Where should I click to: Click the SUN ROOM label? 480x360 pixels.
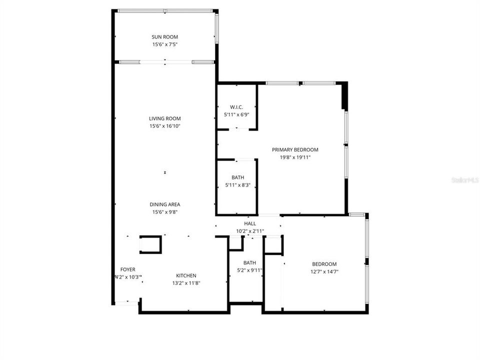point(165,37)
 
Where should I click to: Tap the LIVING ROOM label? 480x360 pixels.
point(165,118)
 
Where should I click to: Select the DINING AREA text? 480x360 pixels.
point(165,204)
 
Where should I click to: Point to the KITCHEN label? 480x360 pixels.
point(186,275)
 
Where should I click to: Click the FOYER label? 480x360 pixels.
point(128,269)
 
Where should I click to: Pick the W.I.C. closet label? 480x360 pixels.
point(236,107)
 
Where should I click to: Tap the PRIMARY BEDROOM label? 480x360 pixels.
point(295,149)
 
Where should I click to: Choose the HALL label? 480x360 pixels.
point(250,223)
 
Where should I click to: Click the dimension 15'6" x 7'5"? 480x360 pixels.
point(165,44)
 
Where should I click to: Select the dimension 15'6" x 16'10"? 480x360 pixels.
point(165,126)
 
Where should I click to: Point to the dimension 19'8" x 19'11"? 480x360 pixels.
point(295,157)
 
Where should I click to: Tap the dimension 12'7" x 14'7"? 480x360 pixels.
point(324,271)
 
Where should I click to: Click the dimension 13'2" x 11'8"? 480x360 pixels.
point(186,283)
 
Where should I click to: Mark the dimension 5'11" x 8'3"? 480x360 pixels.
point(237,185)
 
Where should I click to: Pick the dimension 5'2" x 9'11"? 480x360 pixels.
point(249,270)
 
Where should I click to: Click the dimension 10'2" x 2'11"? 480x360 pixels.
point(250,231)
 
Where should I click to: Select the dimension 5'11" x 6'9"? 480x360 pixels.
point(236,114)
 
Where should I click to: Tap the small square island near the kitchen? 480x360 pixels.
point(150,244)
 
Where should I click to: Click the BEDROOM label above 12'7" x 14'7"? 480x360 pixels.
point(324,264)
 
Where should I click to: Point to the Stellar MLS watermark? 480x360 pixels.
point(465,179)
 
